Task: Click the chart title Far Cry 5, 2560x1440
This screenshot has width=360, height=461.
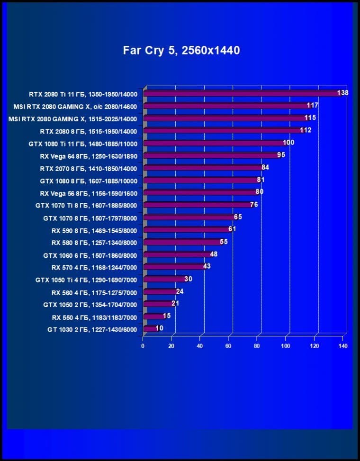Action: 181,50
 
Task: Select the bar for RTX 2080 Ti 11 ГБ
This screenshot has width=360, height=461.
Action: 242,93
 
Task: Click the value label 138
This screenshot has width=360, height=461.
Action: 342,93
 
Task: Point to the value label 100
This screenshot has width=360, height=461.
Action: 288,143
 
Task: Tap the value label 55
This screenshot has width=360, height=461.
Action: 224,242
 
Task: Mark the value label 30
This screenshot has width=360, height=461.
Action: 188,279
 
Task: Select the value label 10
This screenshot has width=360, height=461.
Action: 159,328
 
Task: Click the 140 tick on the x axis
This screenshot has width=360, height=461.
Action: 343,346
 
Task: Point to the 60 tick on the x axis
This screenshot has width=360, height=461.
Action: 229,346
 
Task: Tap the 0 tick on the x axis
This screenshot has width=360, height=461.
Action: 143,346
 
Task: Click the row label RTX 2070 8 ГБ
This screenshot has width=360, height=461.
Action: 89,168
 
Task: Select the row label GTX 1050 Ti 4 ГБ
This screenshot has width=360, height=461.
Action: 86,280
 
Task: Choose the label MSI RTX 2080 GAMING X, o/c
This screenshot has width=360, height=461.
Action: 72,106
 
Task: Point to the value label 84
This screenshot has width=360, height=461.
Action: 265,167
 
